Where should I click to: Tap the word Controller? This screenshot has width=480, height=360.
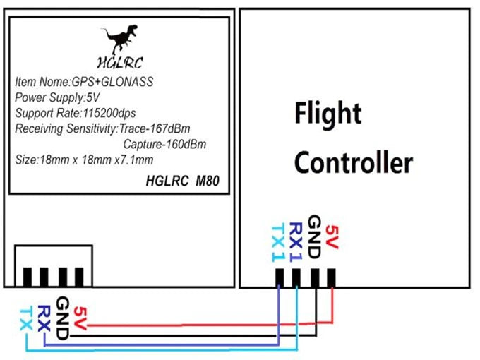coord(353,163)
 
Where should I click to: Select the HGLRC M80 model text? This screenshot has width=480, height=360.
coord(182,181)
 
